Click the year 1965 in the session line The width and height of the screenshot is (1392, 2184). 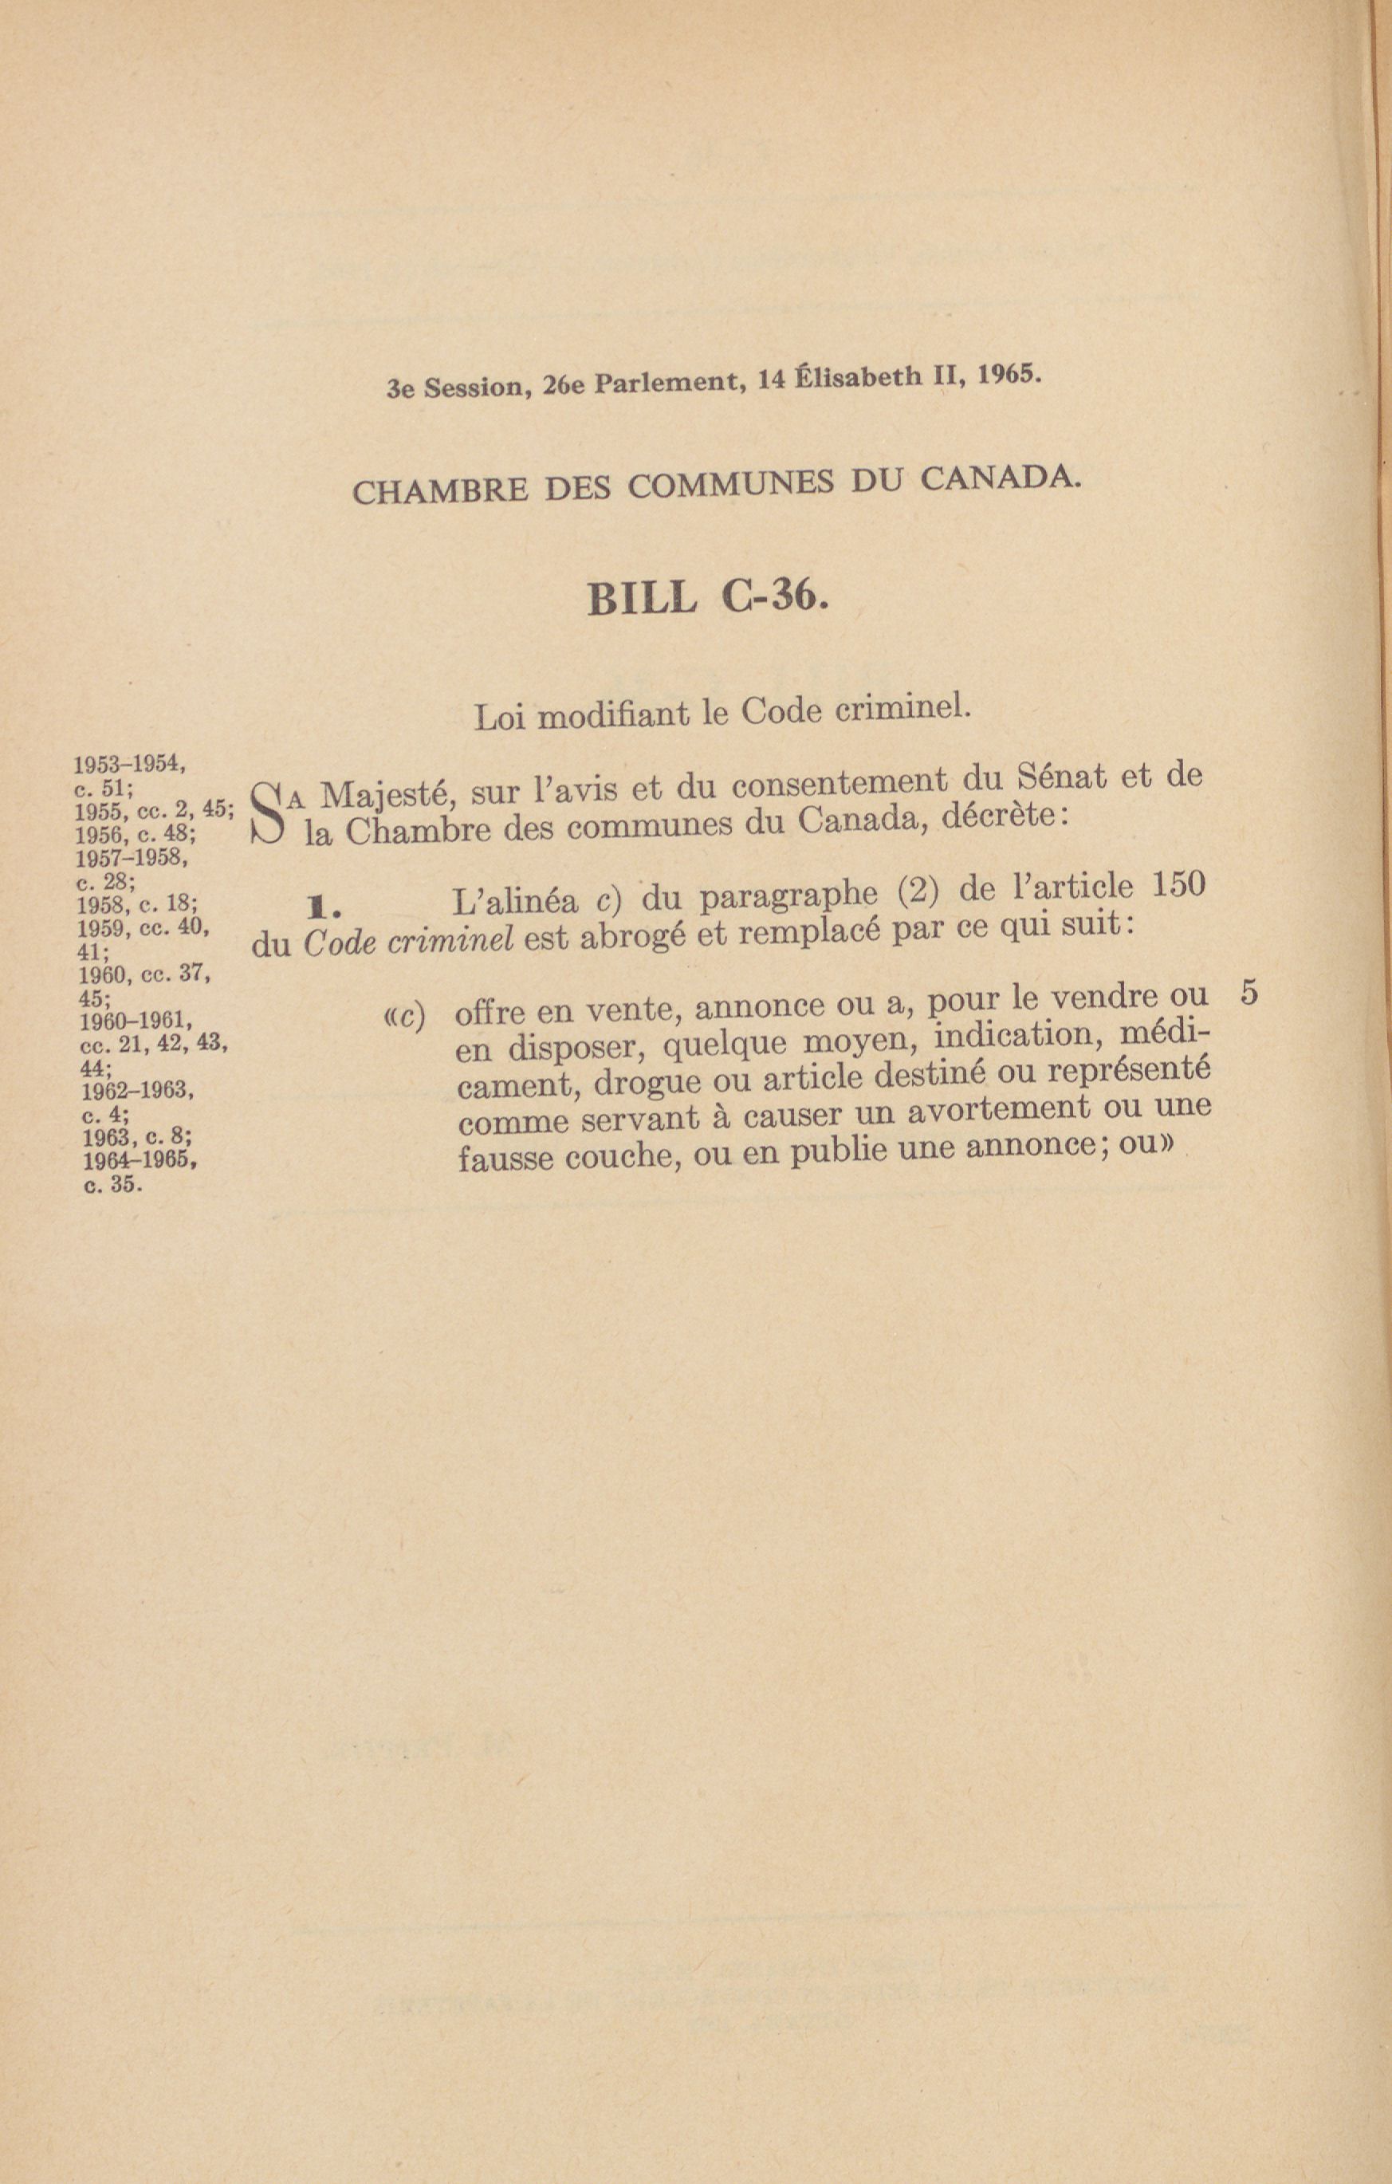[1009, 376]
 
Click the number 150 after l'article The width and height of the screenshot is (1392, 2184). [1176, 885]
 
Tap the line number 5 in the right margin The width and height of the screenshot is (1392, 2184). [1248, 994]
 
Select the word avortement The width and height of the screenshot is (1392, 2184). [997, 1110]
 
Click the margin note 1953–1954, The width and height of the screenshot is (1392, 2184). [129, 763]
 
